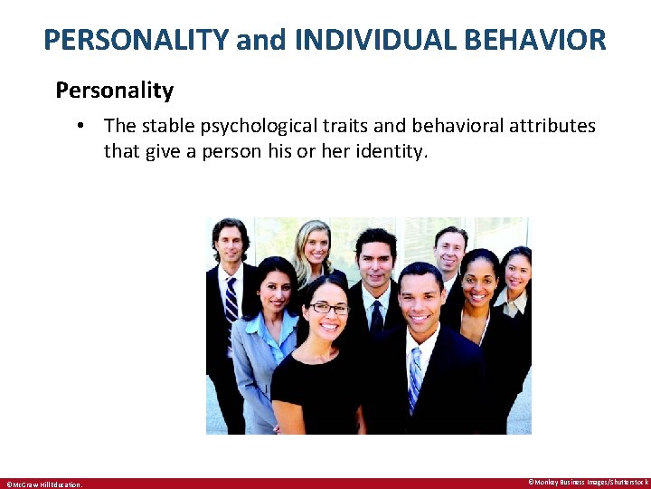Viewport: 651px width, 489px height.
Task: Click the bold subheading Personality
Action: click(x=114, y=91)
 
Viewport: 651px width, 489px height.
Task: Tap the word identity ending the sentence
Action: click(x=392, y=151)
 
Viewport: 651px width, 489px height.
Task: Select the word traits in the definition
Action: click(x=340, y=126)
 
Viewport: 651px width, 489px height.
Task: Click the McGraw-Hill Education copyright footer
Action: click(x=43, y=484)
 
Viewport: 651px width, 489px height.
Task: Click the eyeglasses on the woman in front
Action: click(x=329, y=308)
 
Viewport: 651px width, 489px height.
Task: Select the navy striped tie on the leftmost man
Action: click(x=231, y=303)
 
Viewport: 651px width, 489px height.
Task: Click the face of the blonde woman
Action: click(x=314, y=244)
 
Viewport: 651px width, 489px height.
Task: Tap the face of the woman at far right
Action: click(x=517, y=270)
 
